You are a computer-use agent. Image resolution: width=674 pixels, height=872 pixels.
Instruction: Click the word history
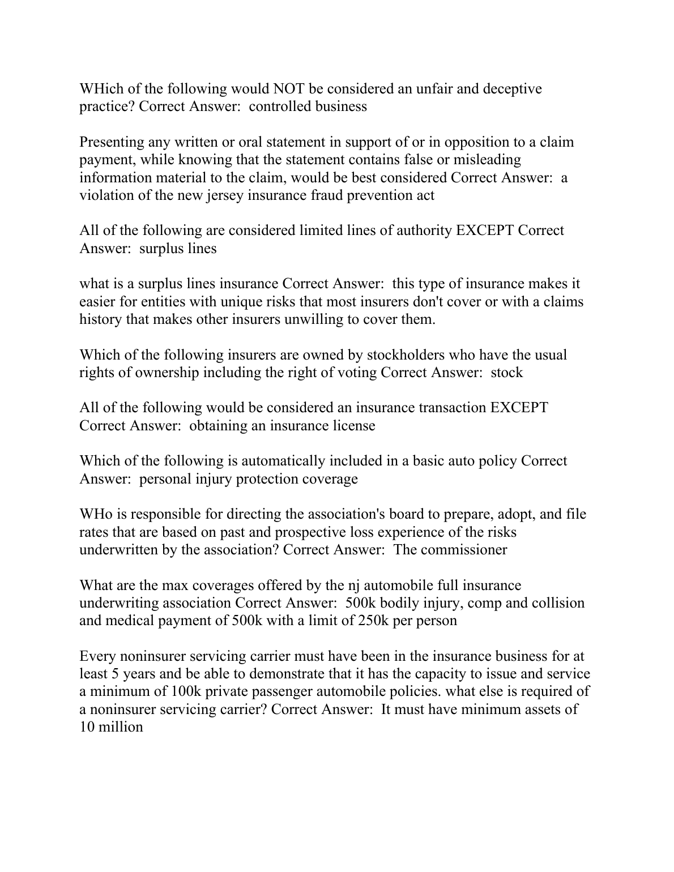(100, 319)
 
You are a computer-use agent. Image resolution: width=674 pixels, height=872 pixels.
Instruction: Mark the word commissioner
(462, 550)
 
